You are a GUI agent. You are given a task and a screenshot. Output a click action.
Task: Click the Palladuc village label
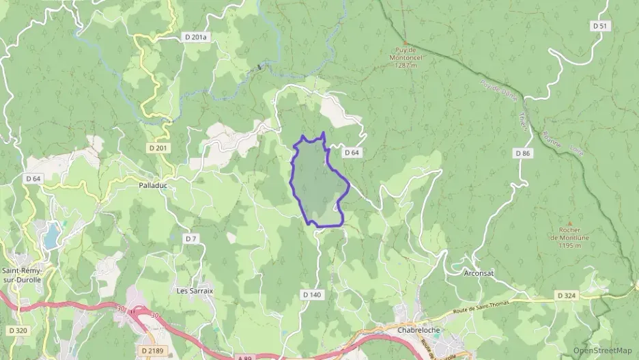click(154, 185)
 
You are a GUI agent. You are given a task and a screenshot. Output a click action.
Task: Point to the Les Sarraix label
click(195, 290)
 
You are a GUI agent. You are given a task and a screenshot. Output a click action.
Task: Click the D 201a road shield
click(195, 37)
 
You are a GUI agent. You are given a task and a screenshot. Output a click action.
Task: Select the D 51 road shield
click(600, 25)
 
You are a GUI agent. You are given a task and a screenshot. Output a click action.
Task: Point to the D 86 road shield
click(523, 153)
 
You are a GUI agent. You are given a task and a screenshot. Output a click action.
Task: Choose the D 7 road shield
click(191, 238)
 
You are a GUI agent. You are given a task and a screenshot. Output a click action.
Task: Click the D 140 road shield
click(311, 294)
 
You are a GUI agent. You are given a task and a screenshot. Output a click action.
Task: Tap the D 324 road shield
click(565, 295)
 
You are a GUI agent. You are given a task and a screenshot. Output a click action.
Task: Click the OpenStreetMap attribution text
click(602, 350)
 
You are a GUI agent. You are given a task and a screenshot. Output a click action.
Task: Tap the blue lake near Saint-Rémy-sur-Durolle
click(51, 236)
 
